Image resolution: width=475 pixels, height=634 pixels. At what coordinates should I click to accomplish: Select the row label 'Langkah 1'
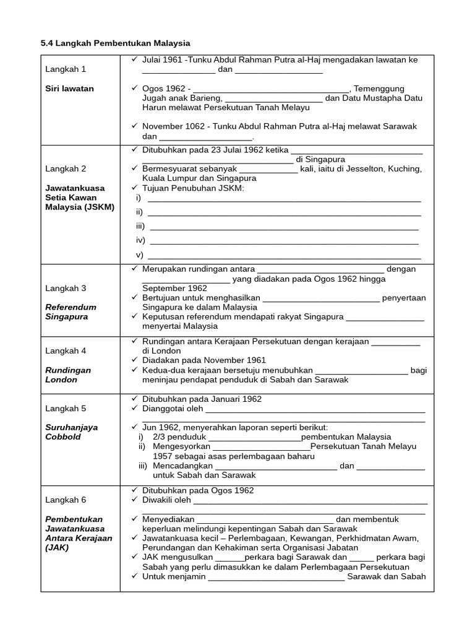[66, 69]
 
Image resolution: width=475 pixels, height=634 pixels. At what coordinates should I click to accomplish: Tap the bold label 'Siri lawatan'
[69, 89]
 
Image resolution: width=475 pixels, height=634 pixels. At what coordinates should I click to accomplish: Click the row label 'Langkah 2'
[66, 168]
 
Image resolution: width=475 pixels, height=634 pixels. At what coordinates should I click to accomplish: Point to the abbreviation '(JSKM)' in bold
[100, 207]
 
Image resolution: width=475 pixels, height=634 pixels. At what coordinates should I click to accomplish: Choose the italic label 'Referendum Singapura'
[71, 311]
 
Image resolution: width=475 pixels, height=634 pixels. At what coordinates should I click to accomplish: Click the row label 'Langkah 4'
[66, 350]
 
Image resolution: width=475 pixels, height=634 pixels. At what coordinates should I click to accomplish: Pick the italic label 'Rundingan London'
[68, 375]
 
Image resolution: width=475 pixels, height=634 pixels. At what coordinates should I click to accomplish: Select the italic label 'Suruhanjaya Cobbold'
[71, 432]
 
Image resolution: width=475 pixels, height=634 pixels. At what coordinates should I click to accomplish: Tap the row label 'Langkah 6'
[66, 500]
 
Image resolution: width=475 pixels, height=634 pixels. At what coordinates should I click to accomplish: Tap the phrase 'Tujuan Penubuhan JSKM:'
[193, 188]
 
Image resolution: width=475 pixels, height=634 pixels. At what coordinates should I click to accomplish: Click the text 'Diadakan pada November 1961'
[204, 360]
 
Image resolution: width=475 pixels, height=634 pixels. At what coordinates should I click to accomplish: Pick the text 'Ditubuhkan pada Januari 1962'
[202, 399]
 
